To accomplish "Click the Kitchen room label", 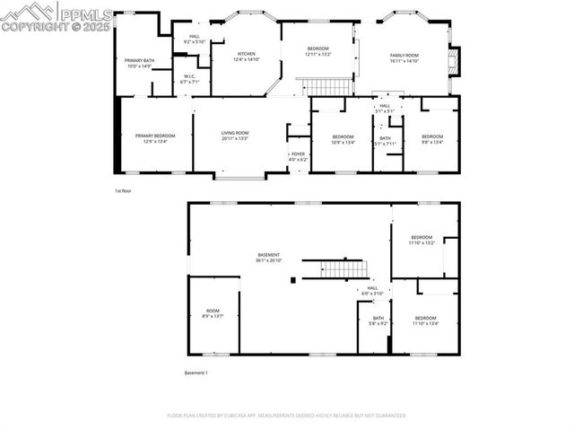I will [x=248, y=57].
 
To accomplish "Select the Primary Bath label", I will [x=140, y=64].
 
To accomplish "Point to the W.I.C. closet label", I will [x=190, y=79].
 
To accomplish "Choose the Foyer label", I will [x=298, y=156].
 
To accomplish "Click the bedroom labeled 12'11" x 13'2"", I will [x=318, y=51].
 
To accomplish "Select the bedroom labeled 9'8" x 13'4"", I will [x=432, y=139].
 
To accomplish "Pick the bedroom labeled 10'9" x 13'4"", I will [x=344, y=139].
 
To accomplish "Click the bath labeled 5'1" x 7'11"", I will [x=385, y=141].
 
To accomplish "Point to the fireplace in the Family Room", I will [x=455, y=61].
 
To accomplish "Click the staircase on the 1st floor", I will [x=327, y=86].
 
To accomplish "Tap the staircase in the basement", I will [x=344, y=268].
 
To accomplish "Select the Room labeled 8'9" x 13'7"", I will [x=213, y=313].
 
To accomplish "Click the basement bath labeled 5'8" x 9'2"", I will [x=378, y=320].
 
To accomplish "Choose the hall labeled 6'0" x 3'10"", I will [x=372, y=291].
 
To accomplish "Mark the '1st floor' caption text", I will [x=123, y=191].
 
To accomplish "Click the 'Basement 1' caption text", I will [x=196, y=373].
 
